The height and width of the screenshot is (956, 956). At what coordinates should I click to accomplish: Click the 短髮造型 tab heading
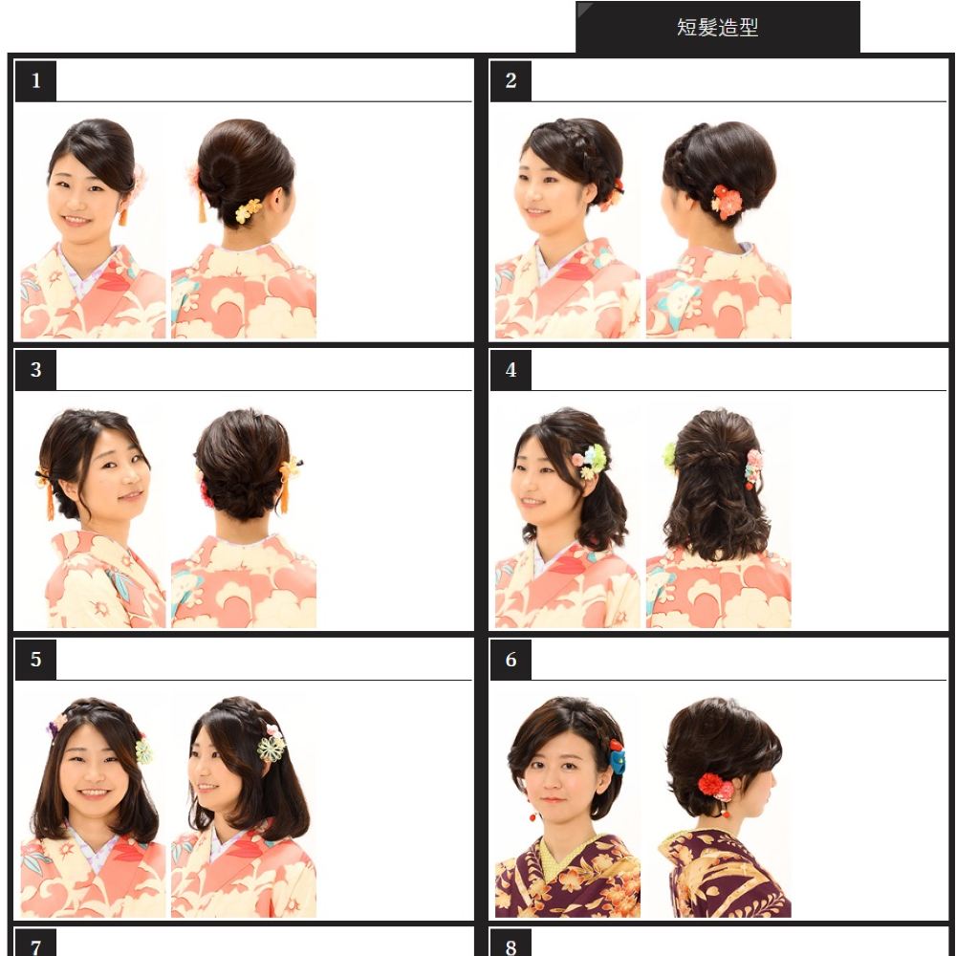point(717,28)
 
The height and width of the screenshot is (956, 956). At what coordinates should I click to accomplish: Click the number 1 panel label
point(36,80)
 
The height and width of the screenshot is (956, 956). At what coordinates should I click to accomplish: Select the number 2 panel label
point(511,80)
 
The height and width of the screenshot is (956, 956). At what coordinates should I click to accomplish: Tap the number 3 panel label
point(36,369)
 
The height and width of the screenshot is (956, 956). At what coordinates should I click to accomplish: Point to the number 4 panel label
point(511,369)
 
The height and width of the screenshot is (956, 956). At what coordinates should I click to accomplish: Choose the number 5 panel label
point(36,659)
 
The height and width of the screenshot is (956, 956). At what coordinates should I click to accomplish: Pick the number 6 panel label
point(511,659)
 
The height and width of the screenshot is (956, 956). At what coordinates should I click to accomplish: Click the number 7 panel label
point(36,944)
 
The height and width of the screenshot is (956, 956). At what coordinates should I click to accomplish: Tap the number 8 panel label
point(511,944)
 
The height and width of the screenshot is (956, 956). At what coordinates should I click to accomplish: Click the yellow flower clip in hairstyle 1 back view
point(249,210)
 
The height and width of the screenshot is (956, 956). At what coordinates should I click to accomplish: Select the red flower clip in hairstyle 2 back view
point(727,202)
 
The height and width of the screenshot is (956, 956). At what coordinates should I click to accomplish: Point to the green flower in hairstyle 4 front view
point(596,456)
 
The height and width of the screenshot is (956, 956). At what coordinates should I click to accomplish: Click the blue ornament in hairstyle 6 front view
point(618,761)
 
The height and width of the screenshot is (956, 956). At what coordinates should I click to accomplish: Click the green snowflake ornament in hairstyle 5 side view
point(272,749)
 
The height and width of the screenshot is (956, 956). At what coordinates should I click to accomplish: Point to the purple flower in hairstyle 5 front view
point(53,729)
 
